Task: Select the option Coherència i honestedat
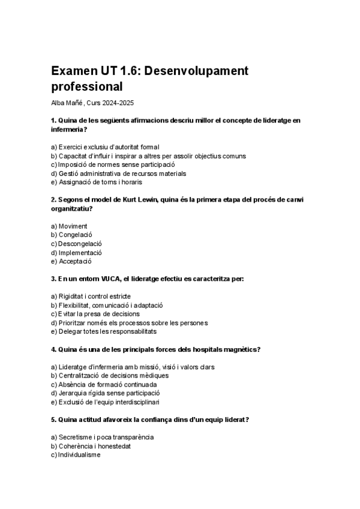(x=91, y=446)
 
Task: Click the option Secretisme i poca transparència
(x=102, y=437)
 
